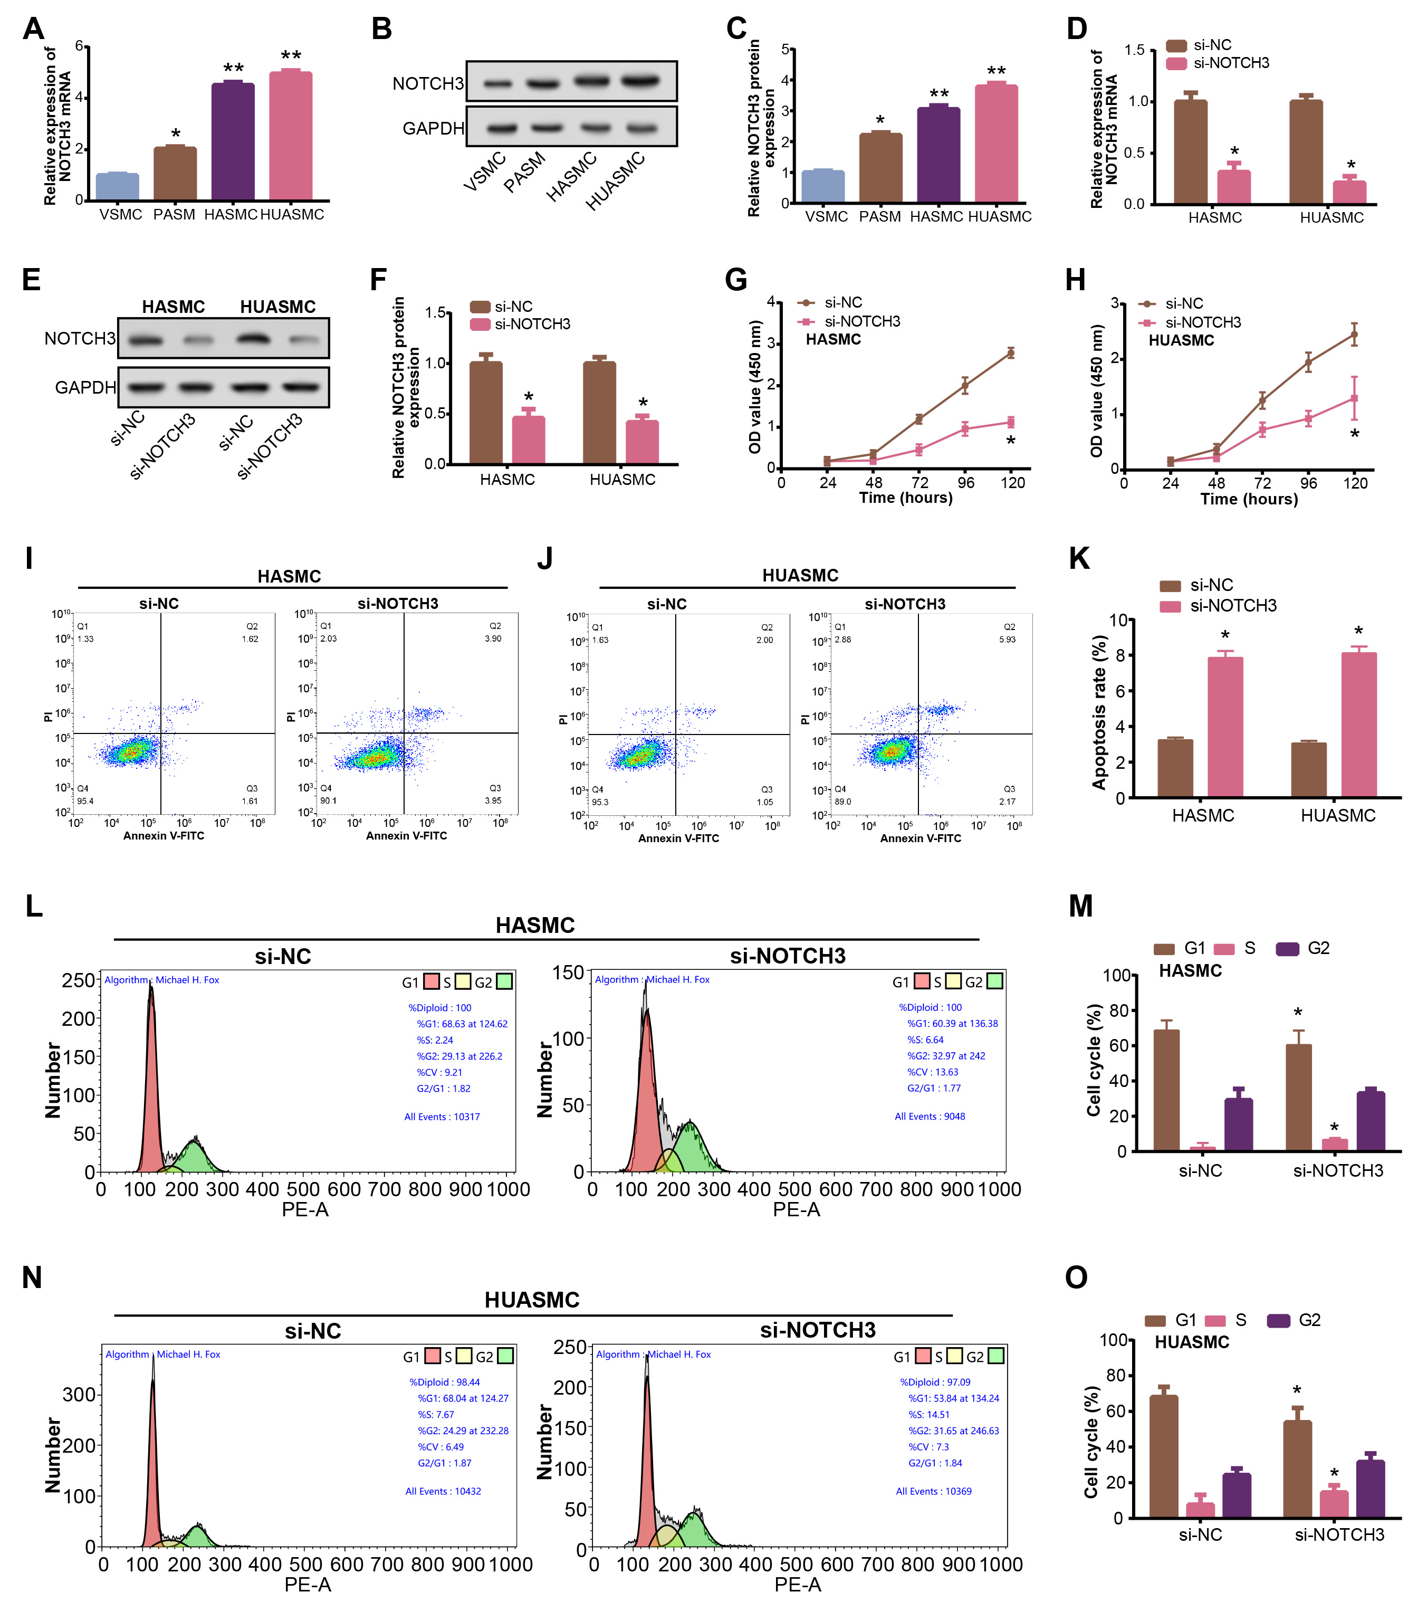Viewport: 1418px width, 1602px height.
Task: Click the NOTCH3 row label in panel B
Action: click(x=428, y=83)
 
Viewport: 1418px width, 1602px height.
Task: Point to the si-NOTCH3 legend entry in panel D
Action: click(x=1231, y=63)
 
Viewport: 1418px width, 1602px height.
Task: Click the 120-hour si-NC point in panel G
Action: click(x=1011, y=354)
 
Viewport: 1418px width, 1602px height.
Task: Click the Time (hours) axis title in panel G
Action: click(x=906, y=498)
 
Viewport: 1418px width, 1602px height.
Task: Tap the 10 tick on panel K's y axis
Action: click(x=1118, y=621)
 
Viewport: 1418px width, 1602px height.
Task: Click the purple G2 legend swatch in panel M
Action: click(x=1287, y=949)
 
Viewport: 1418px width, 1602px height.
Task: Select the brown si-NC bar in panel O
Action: click(x=1163, y=1456)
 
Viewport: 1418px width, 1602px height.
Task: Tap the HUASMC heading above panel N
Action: click(x=532, y=1300)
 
